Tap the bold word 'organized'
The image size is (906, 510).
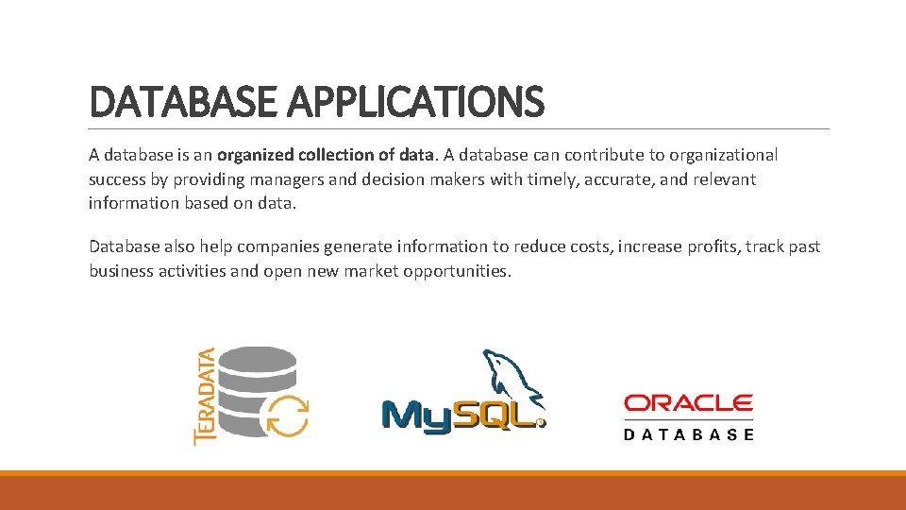pyautogui.click(x=254, y=155)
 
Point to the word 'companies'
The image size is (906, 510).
pyautogui.click(x=277, y=247)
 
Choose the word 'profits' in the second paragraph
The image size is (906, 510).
pyautogui.click(x=708, y=247)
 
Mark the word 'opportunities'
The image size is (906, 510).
pyautogui.click(x=456, y=272)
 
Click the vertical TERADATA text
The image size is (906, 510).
pyautogui.click(x=204, y=396)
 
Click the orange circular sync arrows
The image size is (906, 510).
pyautogui.click(x=287, y=415)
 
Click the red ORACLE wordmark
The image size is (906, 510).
pyautogui.click(x=688, y=403)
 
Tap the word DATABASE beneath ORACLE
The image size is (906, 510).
pyautogui.click(x=688, y=435)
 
